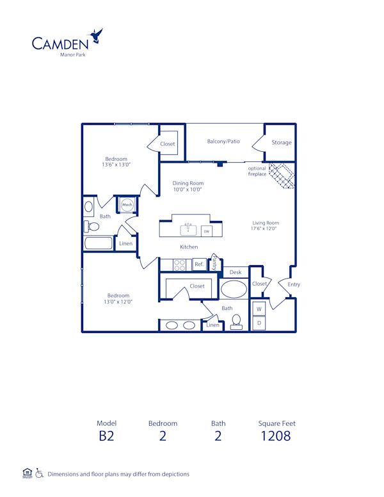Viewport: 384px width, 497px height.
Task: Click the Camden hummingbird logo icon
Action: coord(97,36)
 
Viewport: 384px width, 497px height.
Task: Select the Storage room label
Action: coord(281,143)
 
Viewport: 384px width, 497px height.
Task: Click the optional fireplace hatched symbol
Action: coord(281,175)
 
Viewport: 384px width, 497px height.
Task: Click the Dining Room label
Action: coord(188,183)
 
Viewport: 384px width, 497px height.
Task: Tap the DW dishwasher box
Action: coord(206,231)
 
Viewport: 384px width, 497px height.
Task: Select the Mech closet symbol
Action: coord(127,205)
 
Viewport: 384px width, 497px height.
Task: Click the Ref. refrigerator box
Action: coord(198,264)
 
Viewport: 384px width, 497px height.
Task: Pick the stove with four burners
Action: coord(180,264)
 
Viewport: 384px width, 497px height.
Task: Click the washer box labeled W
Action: coord(259,309)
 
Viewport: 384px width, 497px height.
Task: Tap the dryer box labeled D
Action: coord(259,323)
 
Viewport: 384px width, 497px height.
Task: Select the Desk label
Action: coord(235,272)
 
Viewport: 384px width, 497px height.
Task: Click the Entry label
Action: coord(294,284)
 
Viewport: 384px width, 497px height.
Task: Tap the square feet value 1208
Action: coord(276,436)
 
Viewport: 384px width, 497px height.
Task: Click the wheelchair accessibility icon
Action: coord(39,474)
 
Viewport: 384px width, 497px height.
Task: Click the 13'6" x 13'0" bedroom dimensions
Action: coord(116,165)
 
